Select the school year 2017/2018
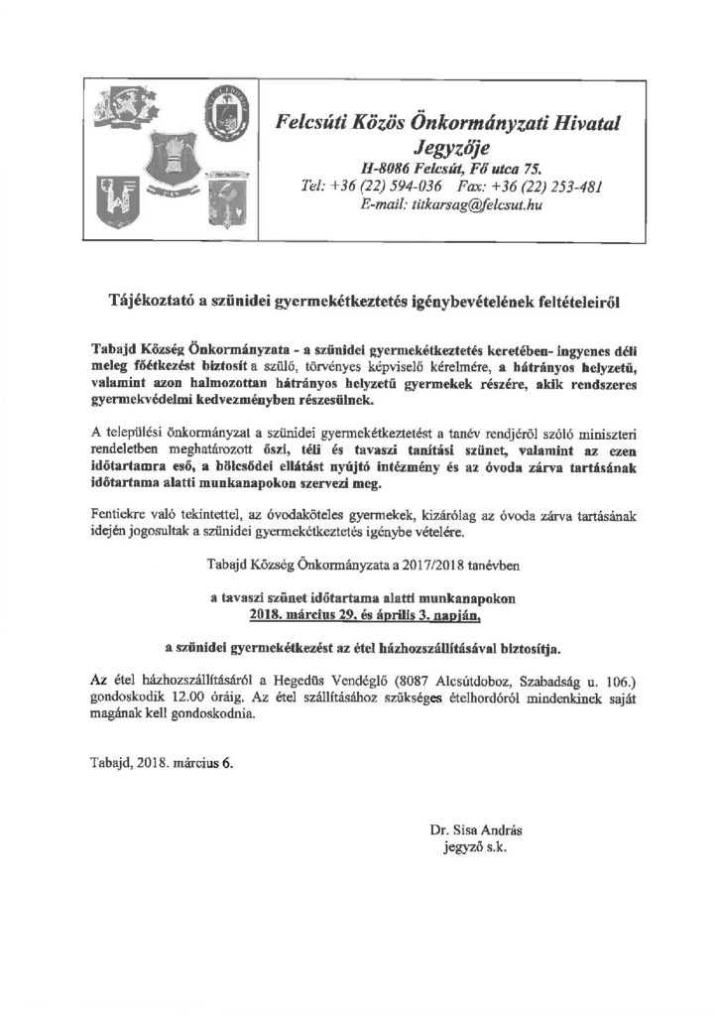coord(391,565)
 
